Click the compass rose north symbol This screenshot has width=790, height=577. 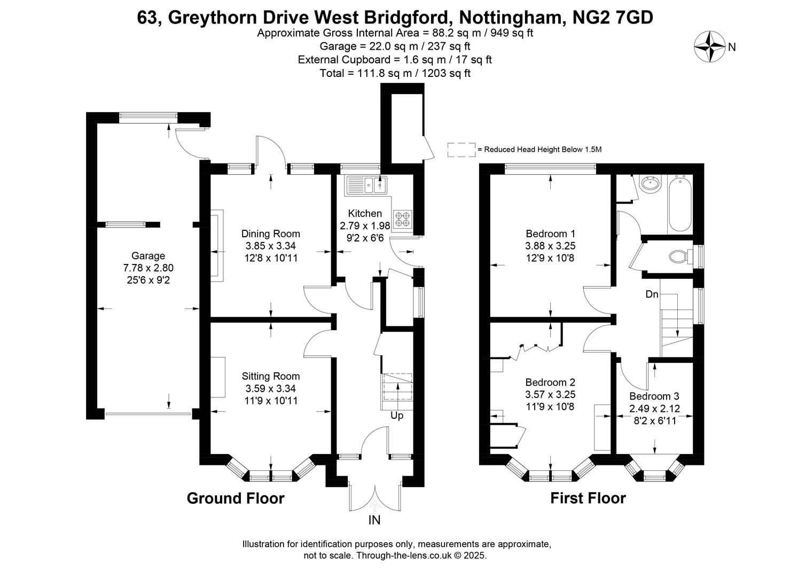tap(709, 46)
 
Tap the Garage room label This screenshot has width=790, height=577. tap(148, 256)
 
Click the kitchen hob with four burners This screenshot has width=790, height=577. tap(403, 218)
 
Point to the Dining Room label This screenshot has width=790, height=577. tap(270, 233)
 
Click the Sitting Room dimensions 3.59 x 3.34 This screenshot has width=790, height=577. tap(270, 388)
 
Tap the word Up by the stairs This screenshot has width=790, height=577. tap(397, 415)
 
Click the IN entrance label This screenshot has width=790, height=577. tap(374, 520)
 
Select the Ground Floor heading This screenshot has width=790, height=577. tap(235, 498)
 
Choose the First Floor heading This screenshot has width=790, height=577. tap(588, 498)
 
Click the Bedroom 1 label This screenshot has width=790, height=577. tap(550, 233)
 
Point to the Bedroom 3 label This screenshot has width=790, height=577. tap(654, 396)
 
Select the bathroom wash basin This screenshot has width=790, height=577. tap(650, 184)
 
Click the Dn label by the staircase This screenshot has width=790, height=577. tap(652, 294)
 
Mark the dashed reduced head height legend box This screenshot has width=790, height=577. tap(461, 150)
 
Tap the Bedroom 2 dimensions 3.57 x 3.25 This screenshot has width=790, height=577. tap(550, 395)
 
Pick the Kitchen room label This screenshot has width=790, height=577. tap(365, 213)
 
